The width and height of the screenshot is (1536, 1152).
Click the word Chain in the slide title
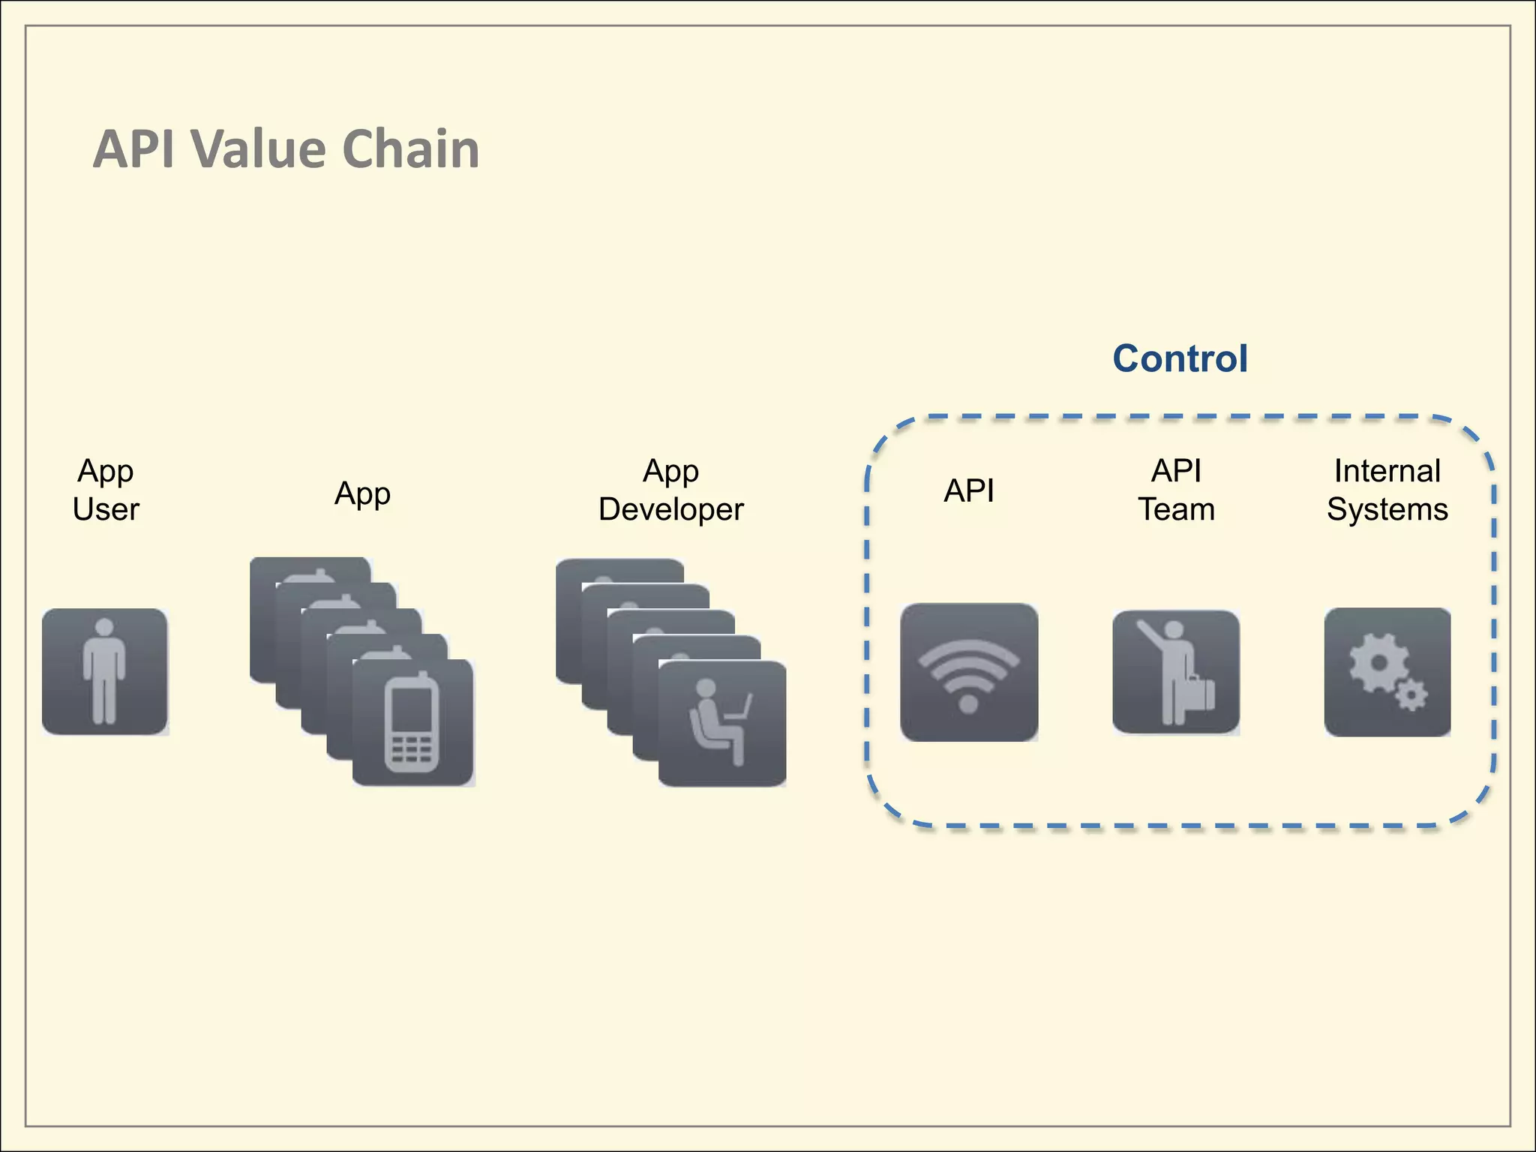tap(410, 149)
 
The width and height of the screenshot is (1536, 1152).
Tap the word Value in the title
tap(259, 149)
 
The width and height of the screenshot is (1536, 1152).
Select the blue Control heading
tap(1180, 358)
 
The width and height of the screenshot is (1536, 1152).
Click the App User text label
tap(106, 490)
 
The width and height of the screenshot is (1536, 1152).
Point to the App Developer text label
tap(670, 490)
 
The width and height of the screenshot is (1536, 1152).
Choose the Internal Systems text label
tap(1387, 490)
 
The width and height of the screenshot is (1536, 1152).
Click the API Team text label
tap(1176, 490)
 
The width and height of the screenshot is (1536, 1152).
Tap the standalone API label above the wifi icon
tap(969, 490)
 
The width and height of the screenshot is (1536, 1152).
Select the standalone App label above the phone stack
tap(362, 493)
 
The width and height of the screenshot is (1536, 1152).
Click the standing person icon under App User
tap(104, 671)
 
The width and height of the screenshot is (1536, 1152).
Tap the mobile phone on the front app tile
tap(412, 721)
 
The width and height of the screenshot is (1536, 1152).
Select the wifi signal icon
tap(969, 672)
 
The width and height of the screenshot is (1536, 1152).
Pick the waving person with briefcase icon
tap(1174, 672)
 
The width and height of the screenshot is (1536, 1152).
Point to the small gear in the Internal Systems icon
tap(1412, 695)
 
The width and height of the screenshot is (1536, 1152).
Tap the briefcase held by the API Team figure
tap(1200, 693)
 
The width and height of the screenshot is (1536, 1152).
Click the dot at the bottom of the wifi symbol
tap(969, 703)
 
